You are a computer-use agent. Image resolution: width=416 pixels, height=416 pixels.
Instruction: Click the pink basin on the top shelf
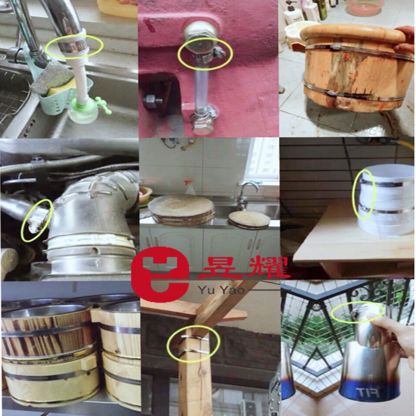click(365, 7)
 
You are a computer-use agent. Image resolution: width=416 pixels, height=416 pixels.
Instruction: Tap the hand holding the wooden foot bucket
click(406, 42)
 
